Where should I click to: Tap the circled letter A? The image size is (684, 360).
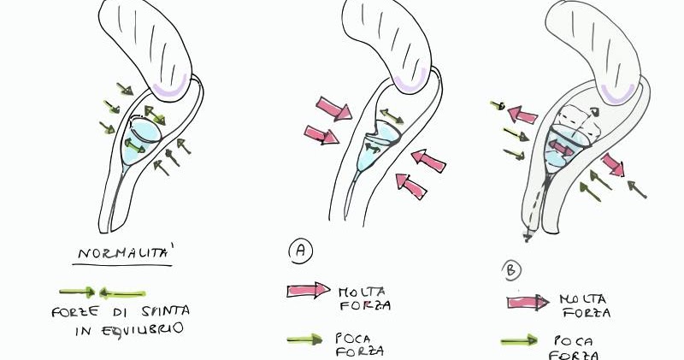[x=298, y=251]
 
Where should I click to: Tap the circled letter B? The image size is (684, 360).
[x=511, y=271]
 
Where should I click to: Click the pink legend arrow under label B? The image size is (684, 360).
[x=527, y=301]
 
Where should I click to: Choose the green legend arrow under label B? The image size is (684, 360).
[x=523, y=342]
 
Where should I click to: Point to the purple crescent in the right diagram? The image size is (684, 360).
[x=617, y=92]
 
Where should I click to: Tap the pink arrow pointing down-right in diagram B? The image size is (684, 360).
[x=611, y=162]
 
